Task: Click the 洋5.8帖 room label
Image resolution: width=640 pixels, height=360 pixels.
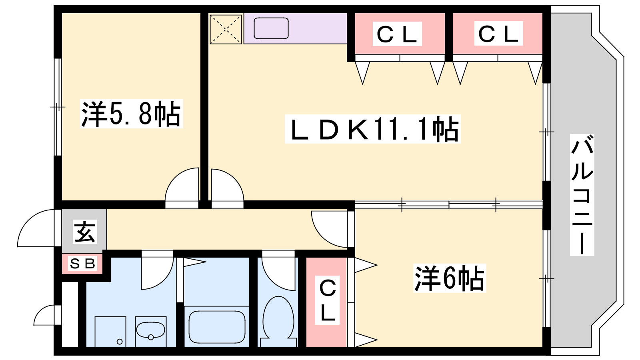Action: tap(131, 114)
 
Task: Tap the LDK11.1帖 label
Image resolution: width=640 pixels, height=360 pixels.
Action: tap(372, 129)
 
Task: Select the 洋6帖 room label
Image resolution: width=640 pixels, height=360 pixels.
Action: tap(449, 278)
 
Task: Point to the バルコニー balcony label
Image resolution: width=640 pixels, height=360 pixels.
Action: tap(582, 195)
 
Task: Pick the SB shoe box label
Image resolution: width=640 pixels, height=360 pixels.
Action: tap(82, 264)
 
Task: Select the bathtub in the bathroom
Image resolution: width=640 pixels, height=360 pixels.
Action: tap(217, 326)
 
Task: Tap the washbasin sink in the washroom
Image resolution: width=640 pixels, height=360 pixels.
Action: tap(150, 330)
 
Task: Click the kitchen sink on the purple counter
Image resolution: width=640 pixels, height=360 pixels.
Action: tap(271, 28)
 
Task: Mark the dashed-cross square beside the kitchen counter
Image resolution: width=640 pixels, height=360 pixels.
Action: tap(226, 29)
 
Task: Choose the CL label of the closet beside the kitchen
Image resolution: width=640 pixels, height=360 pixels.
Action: tap(397, 34)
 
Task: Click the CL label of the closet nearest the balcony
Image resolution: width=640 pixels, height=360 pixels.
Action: tap(498, 34)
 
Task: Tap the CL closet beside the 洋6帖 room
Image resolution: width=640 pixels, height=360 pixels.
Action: tap(328, 300)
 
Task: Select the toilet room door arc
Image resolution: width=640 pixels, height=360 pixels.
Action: tap(279, 272)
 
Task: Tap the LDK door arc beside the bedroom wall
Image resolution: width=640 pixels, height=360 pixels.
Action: tap(227, 186)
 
